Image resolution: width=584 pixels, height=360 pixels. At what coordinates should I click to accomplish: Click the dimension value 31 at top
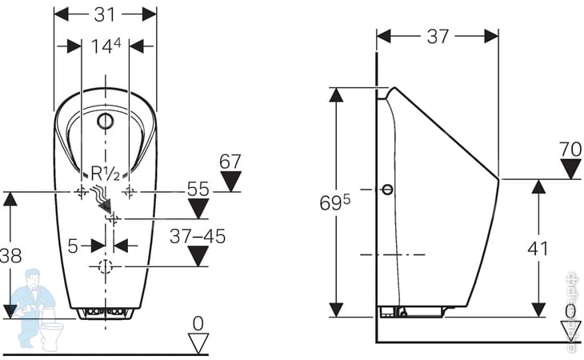coord(105,14)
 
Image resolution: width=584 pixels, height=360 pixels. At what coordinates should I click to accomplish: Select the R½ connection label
coord(106,172)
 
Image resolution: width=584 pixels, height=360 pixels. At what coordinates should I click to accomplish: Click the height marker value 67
coord(230,162)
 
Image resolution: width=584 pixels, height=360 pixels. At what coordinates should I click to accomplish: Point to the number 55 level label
coord(198,190)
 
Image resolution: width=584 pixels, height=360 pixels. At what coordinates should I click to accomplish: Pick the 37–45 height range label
coord(198,236)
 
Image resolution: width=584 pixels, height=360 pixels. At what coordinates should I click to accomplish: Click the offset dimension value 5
coord(73,245)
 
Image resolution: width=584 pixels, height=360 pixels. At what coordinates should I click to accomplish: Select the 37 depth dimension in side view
coord(437,36)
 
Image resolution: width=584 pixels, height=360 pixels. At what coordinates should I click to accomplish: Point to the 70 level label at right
coord(570,149)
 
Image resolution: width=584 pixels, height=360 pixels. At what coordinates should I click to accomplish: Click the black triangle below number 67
coord(230,182)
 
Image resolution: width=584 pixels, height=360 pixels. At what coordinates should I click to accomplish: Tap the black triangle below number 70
coord(570,169)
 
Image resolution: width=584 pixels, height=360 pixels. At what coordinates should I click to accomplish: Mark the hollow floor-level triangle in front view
coord(197,343)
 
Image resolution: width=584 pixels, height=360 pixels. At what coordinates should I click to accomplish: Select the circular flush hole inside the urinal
coord(105,122)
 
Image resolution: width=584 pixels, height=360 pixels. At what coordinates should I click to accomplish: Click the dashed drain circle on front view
coord(105,266)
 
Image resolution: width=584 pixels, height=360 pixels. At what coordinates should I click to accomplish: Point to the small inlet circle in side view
coord(388,190)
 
